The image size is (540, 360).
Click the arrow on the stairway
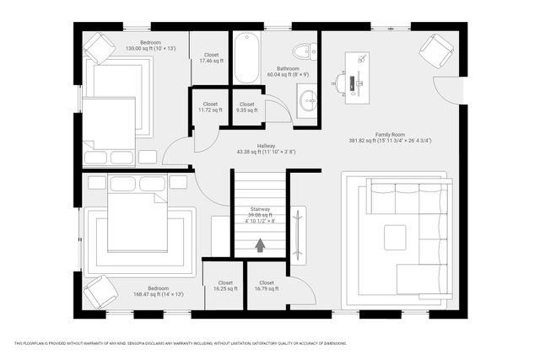click(260, 245)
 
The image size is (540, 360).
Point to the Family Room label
click(391, 137)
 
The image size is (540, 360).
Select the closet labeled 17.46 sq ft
click(211, 58)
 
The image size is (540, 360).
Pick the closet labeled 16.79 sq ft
click(267, 287)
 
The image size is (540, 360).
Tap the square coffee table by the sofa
click(394, 237)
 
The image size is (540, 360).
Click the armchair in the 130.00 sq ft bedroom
click(99, 48)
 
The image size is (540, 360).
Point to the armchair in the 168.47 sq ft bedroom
click(100, 293)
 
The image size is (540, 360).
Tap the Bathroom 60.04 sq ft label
click(289, 71)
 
